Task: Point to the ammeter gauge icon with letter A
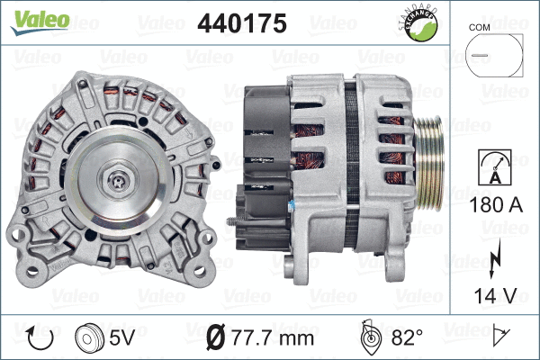click(492, 170)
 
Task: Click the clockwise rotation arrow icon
click(40, 338)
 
